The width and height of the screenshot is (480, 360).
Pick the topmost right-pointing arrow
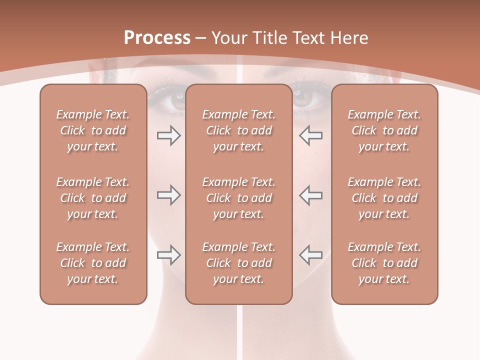pos(168,135)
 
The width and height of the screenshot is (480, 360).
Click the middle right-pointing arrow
pos(168,195)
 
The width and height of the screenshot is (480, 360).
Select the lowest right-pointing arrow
pos(168,255)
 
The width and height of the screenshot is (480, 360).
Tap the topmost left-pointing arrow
pos(310,135)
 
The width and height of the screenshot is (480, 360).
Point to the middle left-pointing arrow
pos(310,195)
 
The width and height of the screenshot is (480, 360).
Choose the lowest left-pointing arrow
pos(310,255)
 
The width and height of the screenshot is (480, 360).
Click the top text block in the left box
pos(93,130)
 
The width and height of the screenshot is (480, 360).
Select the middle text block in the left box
pos(93,198)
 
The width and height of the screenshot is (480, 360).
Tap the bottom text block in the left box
pos(93,263)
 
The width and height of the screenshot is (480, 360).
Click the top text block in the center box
pos(238,130)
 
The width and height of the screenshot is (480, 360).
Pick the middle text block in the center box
pos(238,198)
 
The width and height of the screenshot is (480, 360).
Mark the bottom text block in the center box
pos(238,263)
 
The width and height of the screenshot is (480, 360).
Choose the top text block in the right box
pos(384,130)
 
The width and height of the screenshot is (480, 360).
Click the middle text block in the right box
pos(384,198)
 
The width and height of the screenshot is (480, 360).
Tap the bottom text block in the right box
pos(384,263)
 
